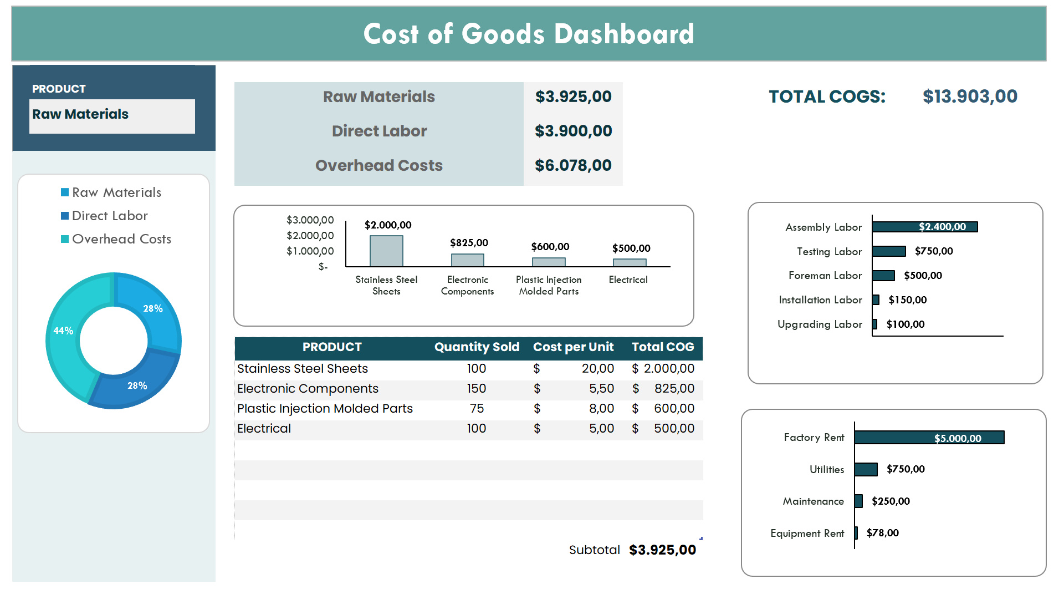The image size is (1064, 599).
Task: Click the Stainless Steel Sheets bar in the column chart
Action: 386,251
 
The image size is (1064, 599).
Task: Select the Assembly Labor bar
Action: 924,227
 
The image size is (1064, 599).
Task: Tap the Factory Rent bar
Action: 929,438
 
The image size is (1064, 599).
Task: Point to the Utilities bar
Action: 866,469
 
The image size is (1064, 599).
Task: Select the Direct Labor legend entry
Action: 110,216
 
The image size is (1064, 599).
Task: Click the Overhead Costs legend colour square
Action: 65,239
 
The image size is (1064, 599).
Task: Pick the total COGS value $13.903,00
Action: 970,97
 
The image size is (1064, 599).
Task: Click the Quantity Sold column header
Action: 477,347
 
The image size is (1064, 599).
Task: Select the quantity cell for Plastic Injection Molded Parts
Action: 477,409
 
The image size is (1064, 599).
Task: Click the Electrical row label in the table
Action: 264,429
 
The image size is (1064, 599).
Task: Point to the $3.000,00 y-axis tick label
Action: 310,220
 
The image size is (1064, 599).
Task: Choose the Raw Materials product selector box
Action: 112,115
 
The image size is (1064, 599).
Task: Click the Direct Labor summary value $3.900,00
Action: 573,131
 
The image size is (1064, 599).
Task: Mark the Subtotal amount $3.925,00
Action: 662,550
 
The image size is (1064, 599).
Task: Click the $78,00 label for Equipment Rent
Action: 882,533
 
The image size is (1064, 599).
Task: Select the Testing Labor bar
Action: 889,251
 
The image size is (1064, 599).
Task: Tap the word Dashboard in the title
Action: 624,34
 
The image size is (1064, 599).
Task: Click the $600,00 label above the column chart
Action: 550,247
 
